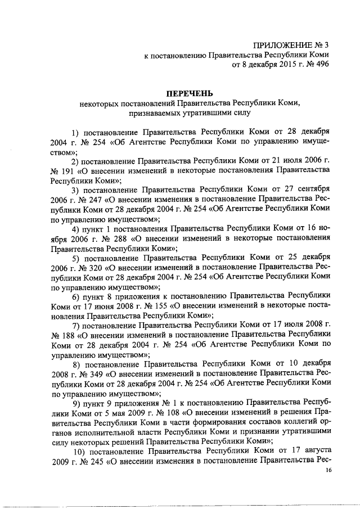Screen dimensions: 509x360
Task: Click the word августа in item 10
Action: coord(312,452)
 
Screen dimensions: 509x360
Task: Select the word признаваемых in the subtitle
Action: coord(159,112)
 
